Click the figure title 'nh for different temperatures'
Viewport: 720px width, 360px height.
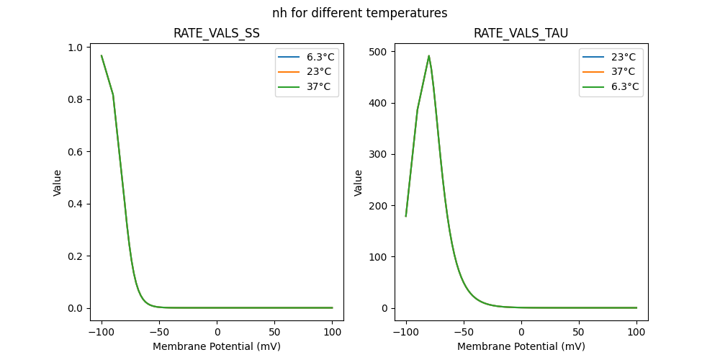359,13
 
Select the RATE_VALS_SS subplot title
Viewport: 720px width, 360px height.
217,33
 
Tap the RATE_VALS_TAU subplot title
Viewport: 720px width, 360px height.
521,33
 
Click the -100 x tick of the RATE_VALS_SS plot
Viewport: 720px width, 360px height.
102,332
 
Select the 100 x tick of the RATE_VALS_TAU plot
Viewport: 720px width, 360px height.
636,332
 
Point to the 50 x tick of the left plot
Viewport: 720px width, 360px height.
274,332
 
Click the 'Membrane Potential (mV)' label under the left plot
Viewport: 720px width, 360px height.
217,346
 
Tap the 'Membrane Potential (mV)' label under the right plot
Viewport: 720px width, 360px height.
521,346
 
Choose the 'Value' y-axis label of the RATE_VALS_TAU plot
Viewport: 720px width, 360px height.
358,183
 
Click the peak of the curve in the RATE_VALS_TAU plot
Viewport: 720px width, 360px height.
429,55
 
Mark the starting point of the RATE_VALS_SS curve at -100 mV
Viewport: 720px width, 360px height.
102,55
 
